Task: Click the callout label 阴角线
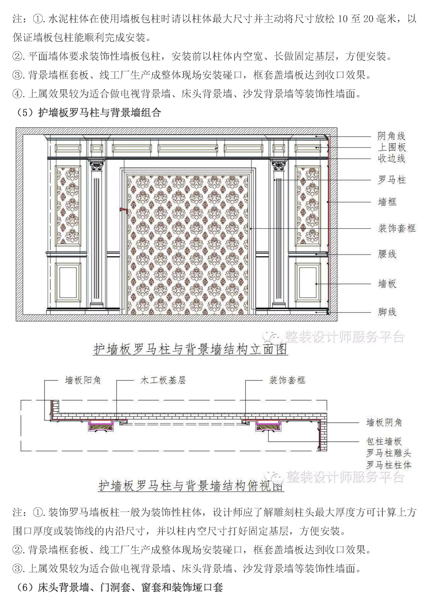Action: tap(391, 136)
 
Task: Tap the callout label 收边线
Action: tap(391, 158)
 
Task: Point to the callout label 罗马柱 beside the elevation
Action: tap(391, 180)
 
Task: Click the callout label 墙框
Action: tap(387, 202)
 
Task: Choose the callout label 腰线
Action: tap(387, 254)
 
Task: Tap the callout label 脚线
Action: tap(387, 312)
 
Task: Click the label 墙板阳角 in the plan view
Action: tap(83, 380)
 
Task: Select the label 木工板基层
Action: tap(163, 380)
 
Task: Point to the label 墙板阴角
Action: tap(384, 423)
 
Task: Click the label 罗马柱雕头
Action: tap(389, 453)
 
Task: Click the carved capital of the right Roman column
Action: tap(278, 165)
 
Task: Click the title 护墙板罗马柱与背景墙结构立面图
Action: tap(190, 350)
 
